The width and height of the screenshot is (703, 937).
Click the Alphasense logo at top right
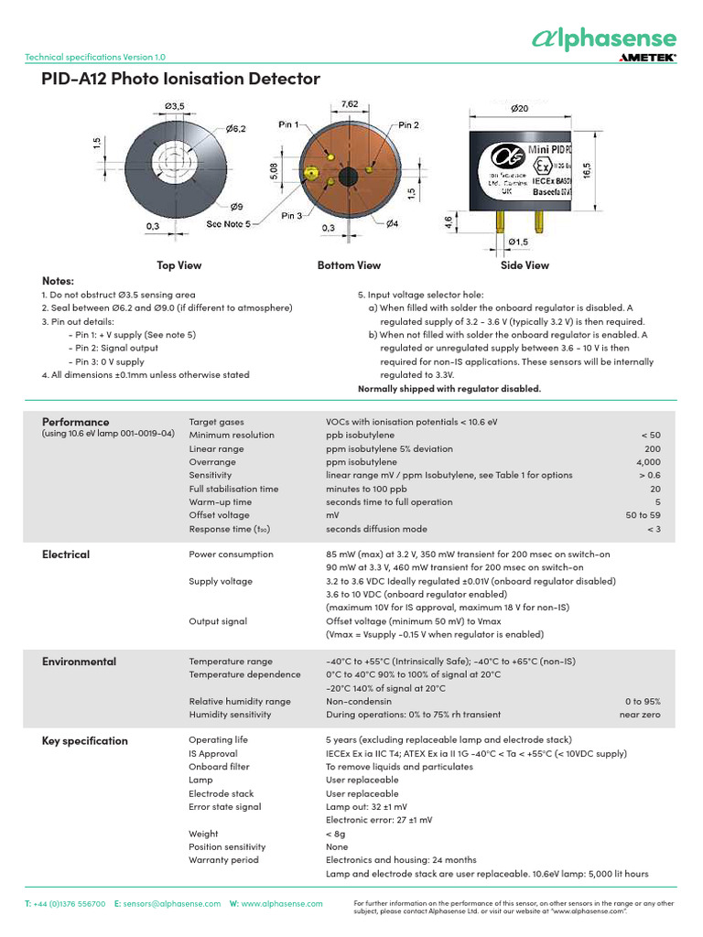pos(604,38)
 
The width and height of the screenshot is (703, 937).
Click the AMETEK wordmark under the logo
pos(647,57)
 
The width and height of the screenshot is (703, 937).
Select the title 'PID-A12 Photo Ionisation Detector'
pos(181,80)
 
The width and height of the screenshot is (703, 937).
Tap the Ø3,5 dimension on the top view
pos(176,107)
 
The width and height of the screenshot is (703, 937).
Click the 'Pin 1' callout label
pos(289,124)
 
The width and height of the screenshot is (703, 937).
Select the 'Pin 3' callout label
pos(292,215)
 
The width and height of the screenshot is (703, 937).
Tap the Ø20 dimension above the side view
pos(519,108)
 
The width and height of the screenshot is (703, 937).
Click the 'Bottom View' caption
pos(349,265)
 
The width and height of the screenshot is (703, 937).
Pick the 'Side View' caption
pos(525,265)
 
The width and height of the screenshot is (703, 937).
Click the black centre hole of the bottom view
pos(349,177)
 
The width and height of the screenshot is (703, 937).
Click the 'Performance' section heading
pos(76,422)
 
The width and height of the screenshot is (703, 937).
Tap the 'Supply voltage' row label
pos(221,581)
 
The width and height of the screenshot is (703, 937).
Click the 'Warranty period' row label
pos(223,860)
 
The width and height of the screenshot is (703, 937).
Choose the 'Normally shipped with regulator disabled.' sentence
pos(449,389)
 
